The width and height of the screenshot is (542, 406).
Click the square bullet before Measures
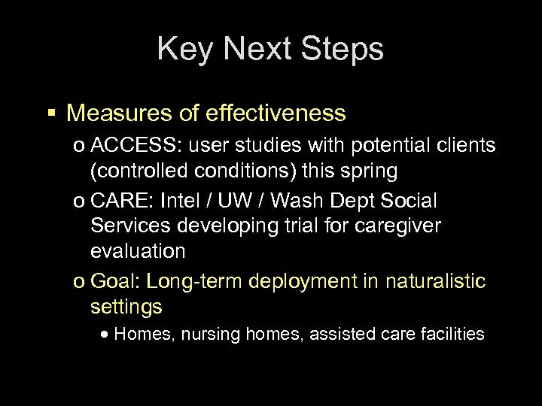pos(53,114)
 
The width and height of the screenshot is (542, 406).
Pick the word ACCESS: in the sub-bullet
pos(131,146)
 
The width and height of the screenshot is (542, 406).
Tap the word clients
pos(462,146)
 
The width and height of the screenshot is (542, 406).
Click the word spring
pos(370,171)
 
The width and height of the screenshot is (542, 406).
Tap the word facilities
pos(452,334)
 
